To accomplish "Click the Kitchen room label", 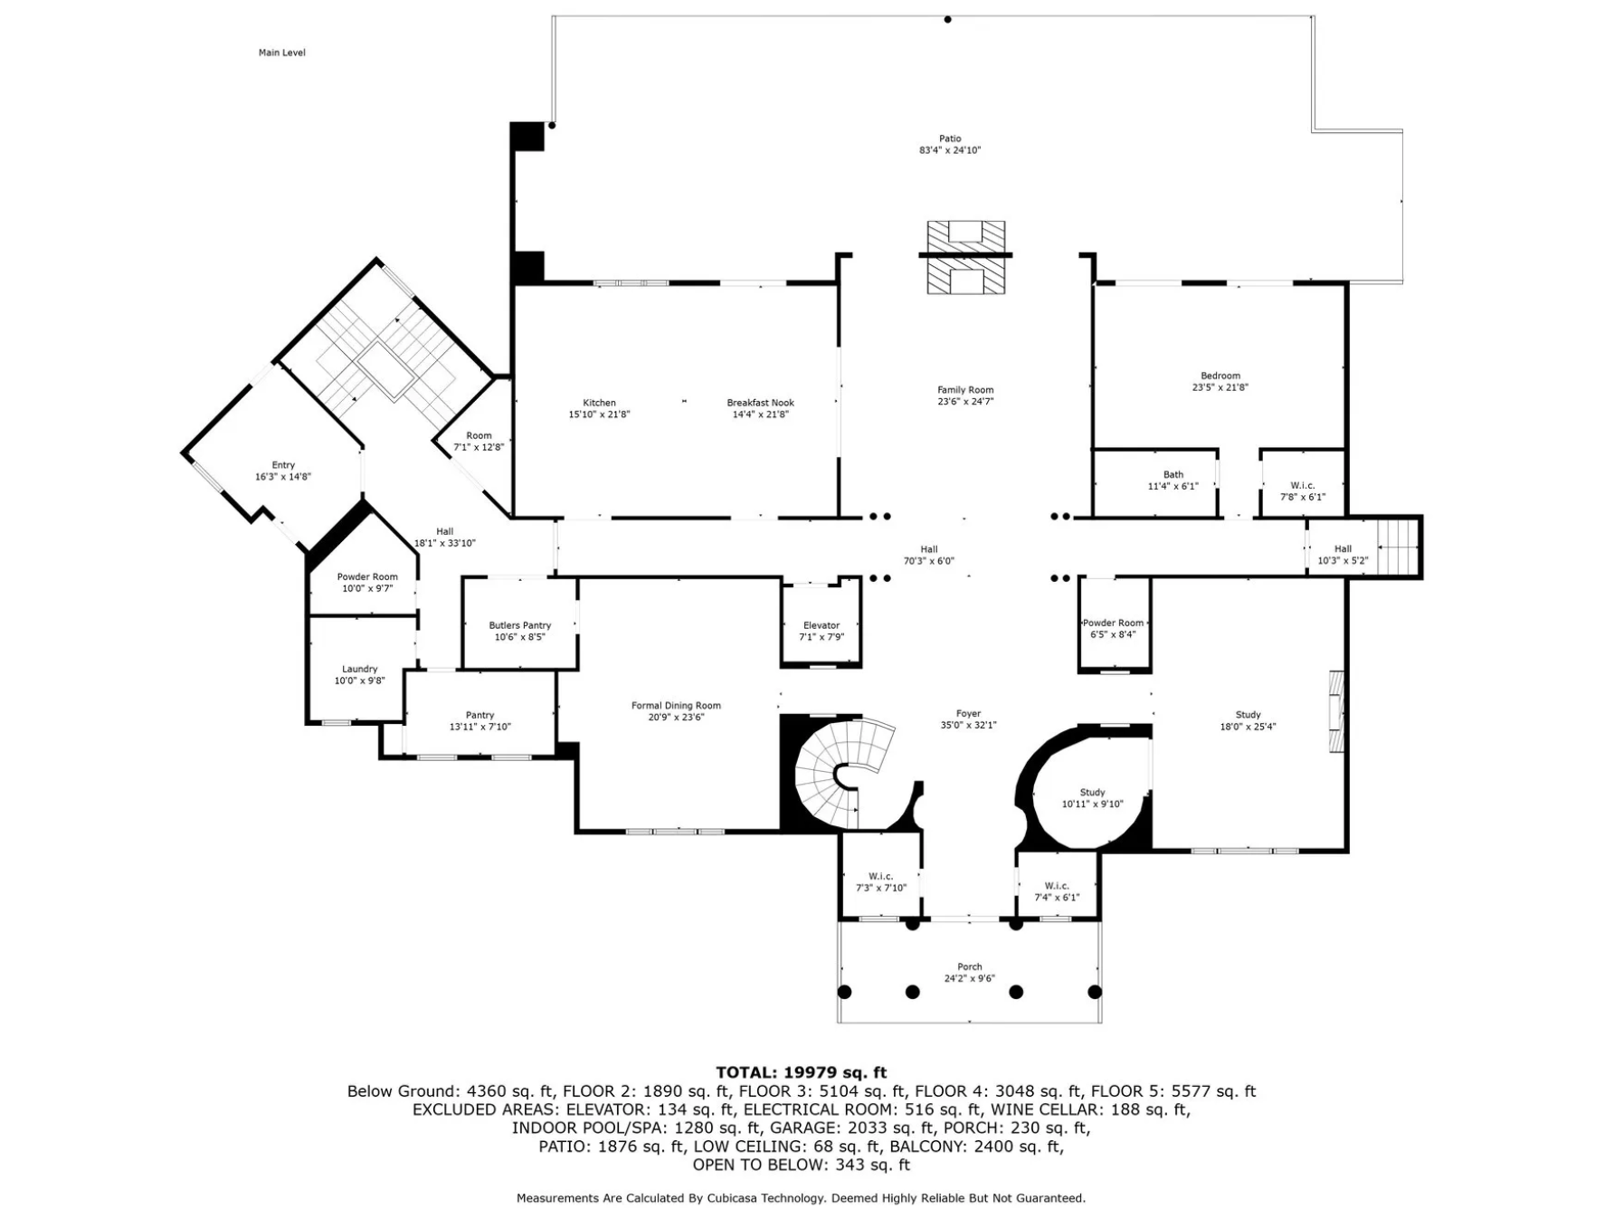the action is [599, 403].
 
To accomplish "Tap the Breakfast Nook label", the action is [760, 403].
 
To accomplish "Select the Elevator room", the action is [821, 623].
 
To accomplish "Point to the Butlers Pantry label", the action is [519, 625].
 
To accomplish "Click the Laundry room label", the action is [359, 669].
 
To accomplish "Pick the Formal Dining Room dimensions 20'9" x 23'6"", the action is [676, 718].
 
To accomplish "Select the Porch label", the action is [969, 966].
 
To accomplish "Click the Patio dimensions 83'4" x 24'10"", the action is [950, 150].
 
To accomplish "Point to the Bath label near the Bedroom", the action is [1173, 474].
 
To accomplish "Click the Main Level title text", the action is [281, 52].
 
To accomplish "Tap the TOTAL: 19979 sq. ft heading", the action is [801, 1072].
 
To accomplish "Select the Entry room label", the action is [283, 465].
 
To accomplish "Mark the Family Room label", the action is [965, 390].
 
